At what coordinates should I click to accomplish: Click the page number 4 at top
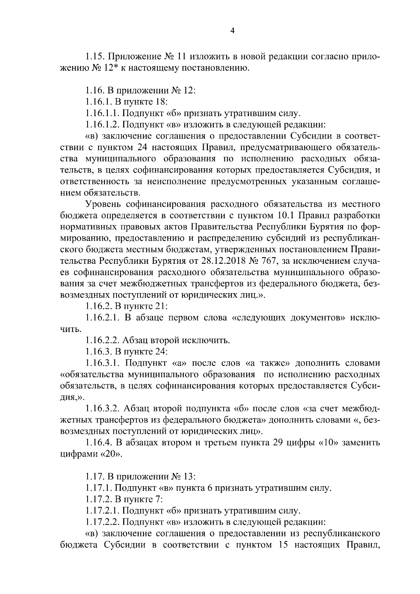point(232,31)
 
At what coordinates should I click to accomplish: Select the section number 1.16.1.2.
point(103,124)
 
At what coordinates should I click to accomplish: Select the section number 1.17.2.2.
point(103,522)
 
